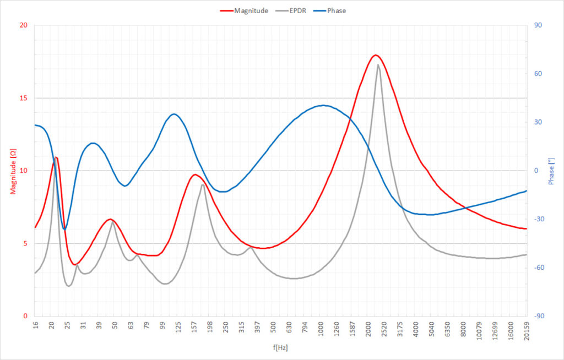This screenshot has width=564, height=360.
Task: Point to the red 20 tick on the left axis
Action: click(23, 25)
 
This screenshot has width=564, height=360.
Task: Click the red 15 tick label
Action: click(23, 98)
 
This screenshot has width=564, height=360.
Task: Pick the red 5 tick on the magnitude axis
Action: click(25, 243)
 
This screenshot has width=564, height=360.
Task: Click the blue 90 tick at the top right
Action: click(538, 25)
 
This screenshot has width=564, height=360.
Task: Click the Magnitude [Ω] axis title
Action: click(13, 171)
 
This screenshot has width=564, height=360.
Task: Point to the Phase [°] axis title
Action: click(551, 171)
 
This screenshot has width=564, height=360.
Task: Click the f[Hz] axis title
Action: click(280, 348)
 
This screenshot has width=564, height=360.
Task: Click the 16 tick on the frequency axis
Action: click(35, 325)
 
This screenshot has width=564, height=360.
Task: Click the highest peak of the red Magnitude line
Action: click(376, 55)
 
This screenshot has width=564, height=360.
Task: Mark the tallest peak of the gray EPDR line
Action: click(378, 65)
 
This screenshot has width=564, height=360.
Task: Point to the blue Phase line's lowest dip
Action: click(64, 229)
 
